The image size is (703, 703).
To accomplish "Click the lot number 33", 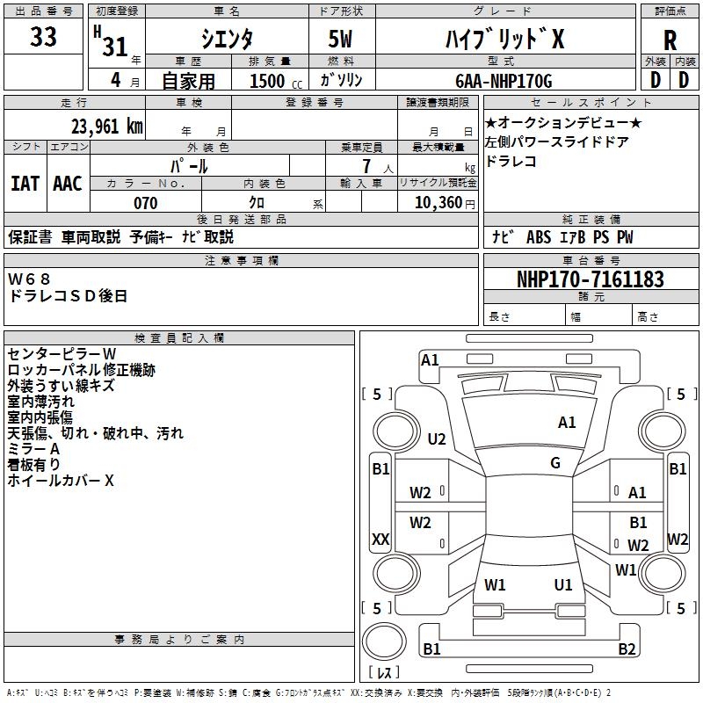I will click(43, 38).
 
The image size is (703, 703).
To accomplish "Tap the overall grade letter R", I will click(670, 40).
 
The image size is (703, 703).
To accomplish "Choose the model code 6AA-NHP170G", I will click(504, 81).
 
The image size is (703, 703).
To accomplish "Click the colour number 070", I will click(145, 203).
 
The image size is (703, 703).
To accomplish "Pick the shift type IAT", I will click(25, 184).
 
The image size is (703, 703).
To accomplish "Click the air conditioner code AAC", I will click(68, 184).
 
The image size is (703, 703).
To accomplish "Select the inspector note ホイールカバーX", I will click(62, 482).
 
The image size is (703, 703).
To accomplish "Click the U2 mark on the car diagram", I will click(437, 438).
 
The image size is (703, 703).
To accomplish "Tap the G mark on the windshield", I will click(555, 463).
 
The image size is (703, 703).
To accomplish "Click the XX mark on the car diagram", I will click(380, 539).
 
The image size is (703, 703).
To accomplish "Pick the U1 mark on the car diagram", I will click(563, 584).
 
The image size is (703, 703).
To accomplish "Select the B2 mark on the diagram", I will click(627, 649).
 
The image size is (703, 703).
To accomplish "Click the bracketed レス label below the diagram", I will click(384, 674).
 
